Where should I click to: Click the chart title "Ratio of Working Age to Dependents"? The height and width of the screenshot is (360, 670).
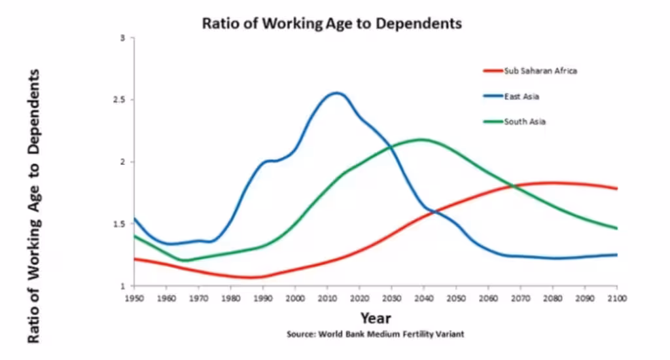click(x=332, y=23)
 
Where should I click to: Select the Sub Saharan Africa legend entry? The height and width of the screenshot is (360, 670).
click(x=530, y=71)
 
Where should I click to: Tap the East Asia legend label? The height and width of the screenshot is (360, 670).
click(x=521, y=97)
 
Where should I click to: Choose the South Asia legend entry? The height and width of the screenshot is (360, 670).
click(x=515, y=122)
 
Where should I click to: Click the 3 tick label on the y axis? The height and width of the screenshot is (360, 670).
click(x=122, y=38)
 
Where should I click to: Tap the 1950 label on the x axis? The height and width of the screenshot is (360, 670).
click(x=134, y=298)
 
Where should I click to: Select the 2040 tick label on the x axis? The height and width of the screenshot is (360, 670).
click(x=424, y=298)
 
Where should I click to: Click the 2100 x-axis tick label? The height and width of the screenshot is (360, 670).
click(x=617, y=298)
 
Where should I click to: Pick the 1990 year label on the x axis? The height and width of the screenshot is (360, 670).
click(x=263, y=298)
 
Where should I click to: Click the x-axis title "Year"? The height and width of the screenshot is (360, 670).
click(x=376, y=318)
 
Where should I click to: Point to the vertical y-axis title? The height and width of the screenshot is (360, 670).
click(x=33, y=206)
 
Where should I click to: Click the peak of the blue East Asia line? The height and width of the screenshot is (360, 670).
click(x=337, y=92)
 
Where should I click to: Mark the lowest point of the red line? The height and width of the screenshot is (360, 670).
click(x=252, y=278)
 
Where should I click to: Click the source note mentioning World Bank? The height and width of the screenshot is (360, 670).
click(x=375, y=334)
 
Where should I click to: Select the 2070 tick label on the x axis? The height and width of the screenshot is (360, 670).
click(x=520, y=298)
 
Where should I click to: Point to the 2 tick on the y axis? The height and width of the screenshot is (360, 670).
click(x=122, y=162)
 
